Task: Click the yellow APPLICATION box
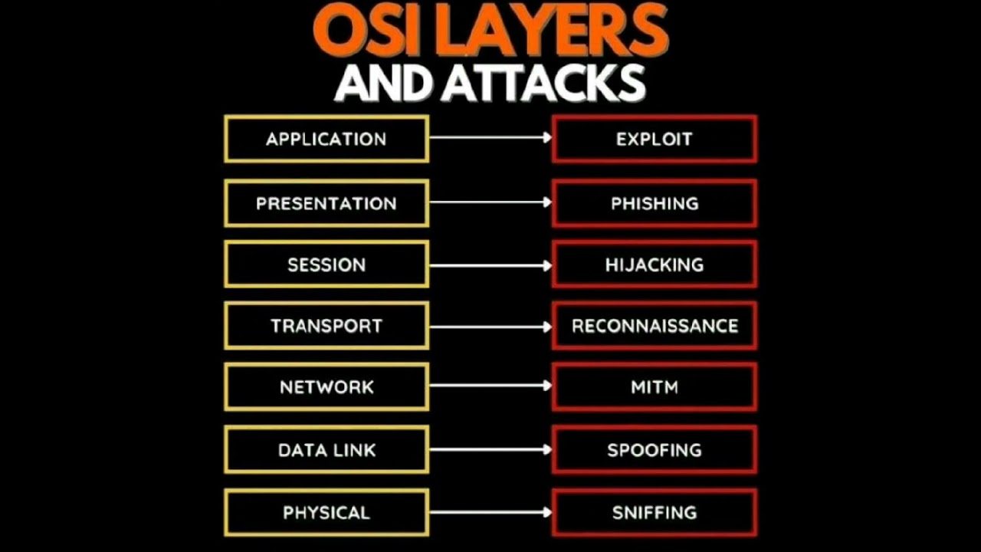326,139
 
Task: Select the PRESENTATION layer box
326,203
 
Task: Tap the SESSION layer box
326,264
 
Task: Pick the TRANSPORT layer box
326,326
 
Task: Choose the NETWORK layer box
326,387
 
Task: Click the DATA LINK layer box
326,450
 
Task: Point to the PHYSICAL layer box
326,512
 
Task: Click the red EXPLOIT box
654,139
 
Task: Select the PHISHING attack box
654,203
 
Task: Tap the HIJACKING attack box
654,264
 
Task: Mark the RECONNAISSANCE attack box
654,326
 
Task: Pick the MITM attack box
654,387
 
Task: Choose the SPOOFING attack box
654,450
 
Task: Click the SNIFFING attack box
654,512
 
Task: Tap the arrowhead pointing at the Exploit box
547,137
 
